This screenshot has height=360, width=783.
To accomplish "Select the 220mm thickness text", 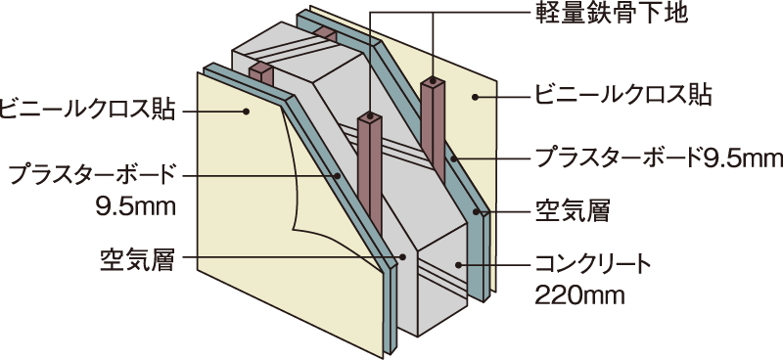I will (x=571, y=292).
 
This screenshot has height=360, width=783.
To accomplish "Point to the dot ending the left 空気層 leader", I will (x=402, y=258).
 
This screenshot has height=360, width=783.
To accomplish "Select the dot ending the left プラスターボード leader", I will (x=339, y=176).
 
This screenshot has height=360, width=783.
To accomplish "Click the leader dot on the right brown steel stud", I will (x=432, y=83).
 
